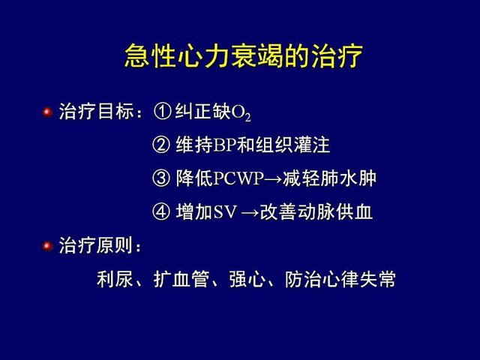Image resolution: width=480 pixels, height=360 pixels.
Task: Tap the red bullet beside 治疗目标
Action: (x=47, y=112)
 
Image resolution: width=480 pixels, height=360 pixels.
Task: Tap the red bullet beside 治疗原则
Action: (x=47, y=246)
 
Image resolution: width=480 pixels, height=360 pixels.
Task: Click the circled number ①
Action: (x=162, y=111)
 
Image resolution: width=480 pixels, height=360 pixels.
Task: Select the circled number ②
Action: (x=161, y=145)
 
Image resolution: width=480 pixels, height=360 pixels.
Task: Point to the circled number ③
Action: (x=161, y=178)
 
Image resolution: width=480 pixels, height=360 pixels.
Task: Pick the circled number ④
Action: (x=161, y=211)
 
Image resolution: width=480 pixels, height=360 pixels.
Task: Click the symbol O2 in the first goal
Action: (x=241, y=112)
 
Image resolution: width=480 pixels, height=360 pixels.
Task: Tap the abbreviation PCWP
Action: (x=238, y=178)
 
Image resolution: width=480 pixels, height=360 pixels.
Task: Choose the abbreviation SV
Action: (x=226, y=211)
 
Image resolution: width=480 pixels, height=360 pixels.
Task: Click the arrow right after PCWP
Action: (x=272, y=179)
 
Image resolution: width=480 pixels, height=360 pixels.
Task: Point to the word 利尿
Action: (x=115, y=279)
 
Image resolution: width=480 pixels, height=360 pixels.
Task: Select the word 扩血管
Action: (x=181, y=279)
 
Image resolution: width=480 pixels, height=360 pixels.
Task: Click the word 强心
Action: (x=247, y=279)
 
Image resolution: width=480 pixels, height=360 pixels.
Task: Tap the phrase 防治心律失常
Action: (x=340, y=279)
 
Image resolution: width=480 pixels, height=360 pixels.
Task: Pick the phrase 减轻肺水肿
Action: (x=329, y=178)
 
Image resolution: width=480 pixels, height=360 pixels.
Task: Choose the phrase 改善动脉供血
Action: (x=316, y=211)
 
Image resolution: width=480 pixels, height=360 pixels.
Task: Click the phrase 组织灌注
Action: (x=293, y=145)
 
